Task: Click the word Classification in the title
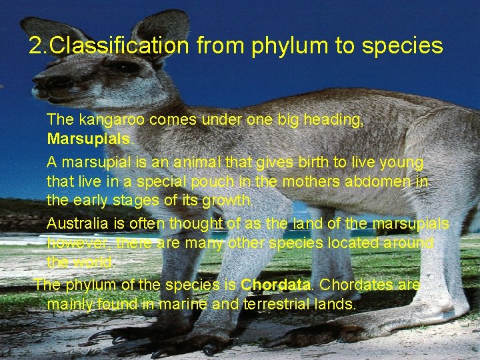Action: pos(119,46)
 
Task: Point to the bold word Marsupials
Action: pos(89,139)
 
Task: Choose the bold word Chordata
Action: pos(275,285)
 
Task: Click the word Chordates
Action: pos(357,285)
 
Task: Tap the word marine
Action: pos(187,305)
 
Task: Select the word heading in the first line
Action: pos(332,120)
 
